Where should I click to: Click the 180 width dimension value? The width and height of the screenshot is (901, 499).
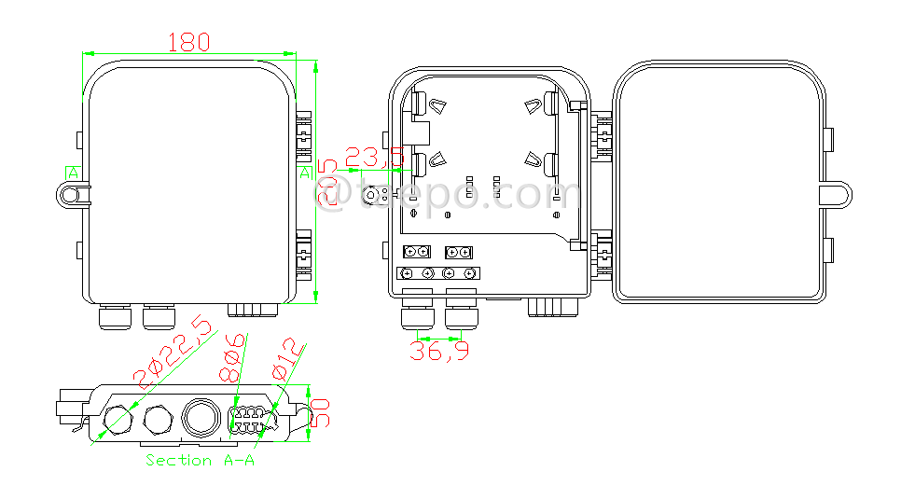[x=188, y=42]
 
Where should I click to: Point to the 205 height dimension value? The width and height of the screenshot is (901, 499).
[x=327, y=183]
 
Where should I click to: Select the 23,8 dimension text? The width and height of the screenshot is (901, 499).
[x=374, y=156]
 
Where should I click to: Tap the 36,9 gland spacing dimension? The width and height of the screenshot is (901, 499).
[x=440, y=351]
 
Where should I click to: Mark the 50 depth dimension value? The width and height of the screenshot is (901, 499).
[x=320, y=411]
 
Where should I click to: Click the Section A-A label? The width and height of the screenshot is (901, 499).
[x=200, y=461]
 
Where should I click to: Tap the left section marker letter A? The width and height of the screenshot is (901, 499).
[x=72, y=173]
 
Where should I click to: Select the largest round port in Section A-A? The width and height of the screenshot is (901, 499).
[x=200, y=416]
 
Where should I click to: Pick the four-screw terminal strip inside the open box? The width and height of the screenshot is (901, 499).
[x=439, y=273]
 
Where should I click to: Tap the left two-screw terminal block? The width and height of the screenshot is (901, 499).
[x=416, y=252]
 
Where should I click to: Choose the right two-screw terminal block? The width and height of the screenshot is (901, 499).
[x=459, y=252]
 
